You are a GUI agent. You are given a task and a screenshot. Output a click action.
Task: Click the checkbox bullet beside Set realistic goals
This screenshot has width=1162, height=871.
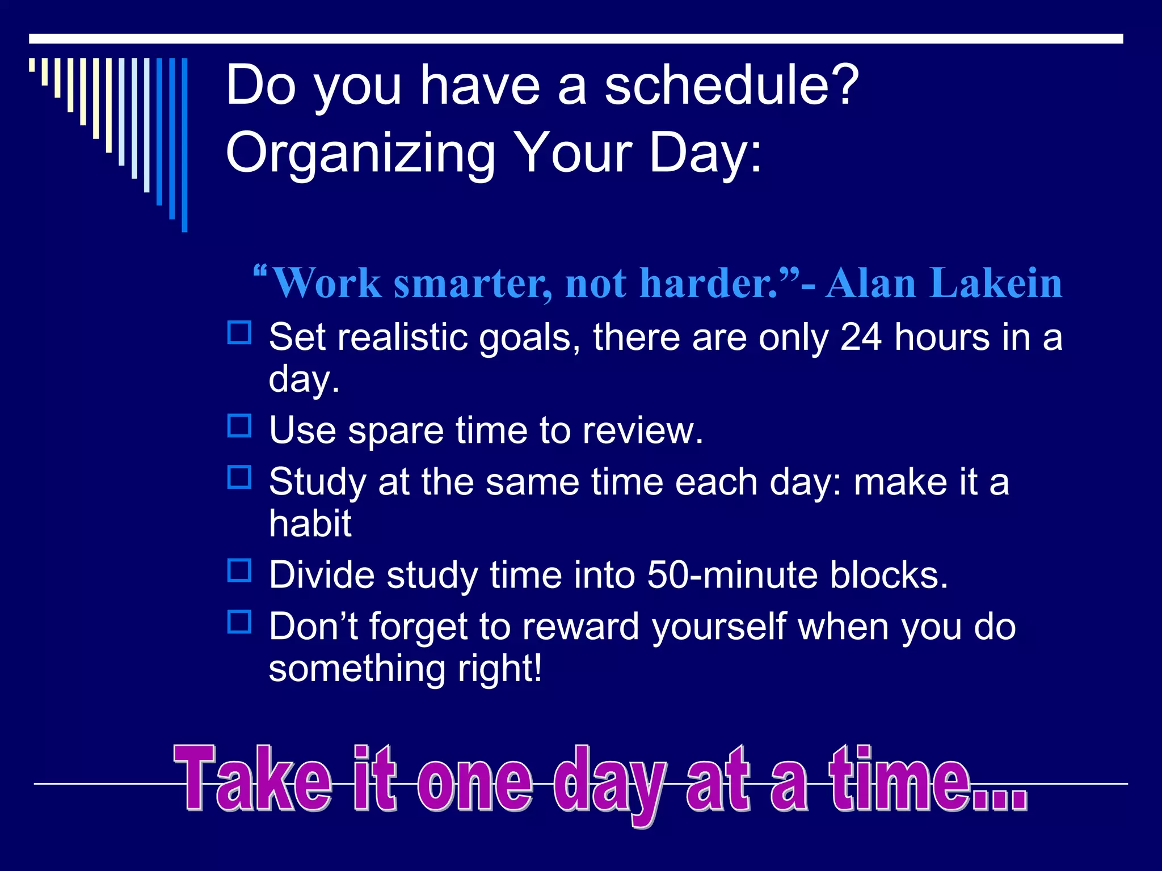[x=239, y=333]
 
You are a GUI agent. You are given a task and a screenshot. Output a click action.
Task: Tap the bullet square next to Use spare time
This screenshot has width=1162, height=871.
[x=239, y=426]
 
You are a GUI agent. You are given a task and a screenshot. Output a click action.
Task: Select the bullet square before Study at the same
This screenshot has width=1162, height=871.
[x=239, y=477]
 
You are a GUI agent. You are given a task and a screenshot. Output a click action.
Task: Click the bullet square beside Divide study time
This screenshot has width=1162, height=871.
[x=239, y=570]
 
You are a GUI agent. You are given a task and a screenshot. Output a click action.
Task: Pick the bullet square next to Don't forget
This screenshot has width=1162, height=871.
[x=239, y=621]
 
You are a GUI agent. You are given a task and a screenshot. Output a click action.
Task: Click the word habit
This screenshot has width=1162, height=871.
[x=310, y=523]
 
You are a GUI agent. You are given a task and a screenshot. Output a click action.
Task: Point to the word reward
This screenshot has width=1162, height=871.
[x=580, y=627]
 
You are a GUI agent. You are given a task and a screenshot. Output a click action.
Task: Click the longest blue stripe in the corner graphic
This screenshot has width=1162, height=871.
[x=184, y=145]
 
